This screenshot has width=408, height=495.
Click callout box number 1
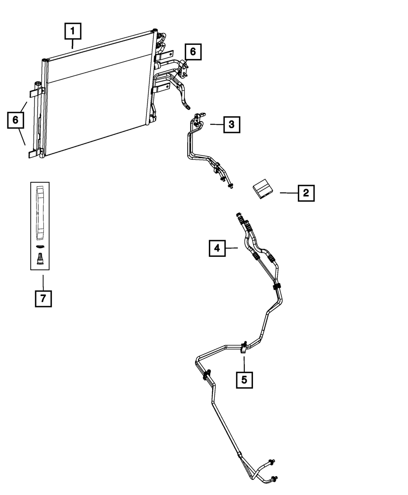coord(73,31)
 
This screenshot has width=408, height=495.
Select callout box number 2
coord(306,193)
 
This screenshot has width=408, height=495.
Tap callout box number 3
coord(231,124)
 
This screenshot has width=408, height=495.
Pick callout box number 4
coord(217,248)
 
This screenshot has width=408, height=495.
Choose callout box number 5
coord(244,380)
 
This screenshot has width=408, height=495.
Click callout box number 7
coord(43,298)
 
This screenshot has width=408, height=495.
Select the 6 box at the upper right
coord(193,52)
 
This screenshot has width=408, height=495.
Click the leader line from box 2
coord(288,193)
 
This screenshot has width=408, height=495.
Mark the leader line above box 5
coord(244,363)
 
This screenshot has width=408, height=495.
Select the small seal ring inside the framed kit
coord(40,247)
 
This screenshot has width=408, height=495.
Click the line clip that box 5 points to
coord(244,347)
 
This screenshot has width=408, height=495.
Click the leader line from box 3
coord(217,124)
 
